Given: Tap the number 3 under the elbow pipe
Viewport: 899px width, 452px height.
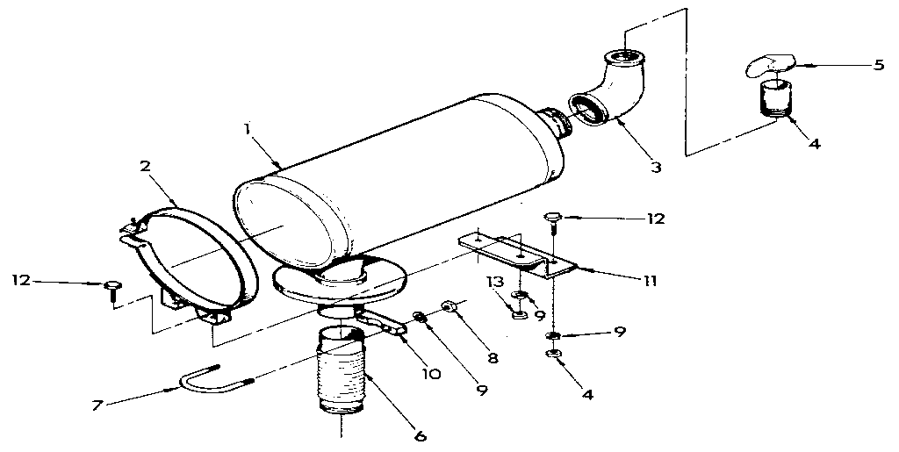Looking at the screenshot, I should pos(656,165).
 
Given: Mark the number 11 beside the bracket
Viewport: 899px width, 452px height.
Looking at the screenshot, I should pos(649,282).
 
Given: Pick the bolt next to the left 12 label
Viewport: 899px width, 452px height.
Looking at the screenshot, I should pos(112,289).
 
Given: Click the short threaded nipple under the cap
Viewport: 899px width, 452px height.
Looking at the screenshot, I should pos(773,97).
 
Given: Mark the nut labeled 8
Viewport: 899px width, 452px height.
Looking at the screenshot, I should pos(449,306).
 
